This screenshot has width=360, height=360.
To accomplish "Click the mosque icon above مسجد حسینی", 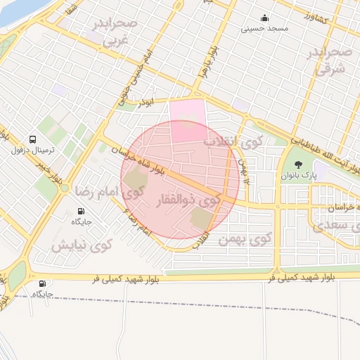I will pyautogui.click(x=264, y=18).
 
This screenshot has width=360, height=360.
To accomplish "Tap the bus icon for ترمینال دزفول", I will pyautogui.click(x=33, y=139).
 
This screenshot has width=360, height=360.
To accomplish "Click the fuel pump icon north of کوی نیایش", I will pyautogui.click(x=82, y=211).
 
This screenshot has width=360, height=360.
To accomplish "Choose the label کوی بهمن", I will pyautogui.click(x=245, y=239).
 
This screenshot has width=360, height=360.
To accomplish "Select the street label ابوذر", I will pyautogui.click(x=144, y=103).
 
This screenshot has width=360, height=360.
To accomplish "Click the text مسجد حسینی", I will pyautogui.click(x=264, y=29).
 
